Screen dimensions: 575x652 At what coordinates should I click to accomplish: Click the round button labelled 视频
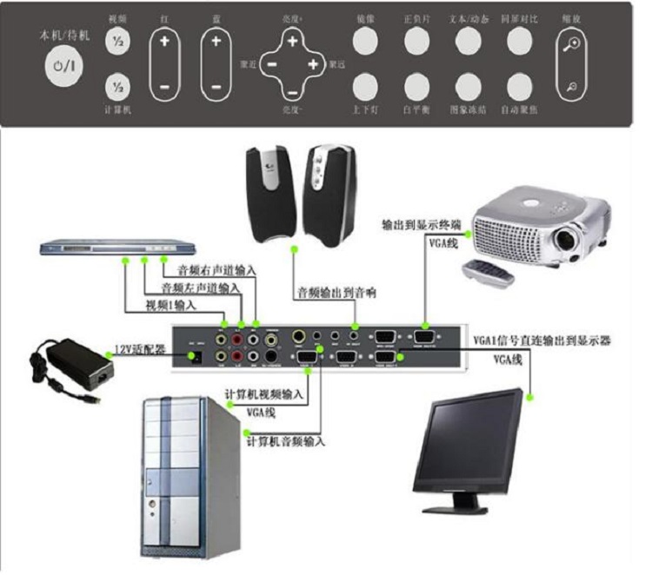click(116, 41)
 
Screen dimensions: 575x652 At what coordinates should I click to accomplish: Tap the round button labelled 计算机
click(116, 88)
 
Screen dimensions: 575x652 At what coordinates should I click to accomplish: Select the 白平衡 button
click(416, 87)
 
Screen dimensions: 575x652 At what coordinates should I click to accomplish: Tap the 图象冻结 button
click(467, 87)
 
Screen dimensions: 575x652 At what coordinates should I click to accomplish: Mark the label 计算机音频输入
click(286, 441)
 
